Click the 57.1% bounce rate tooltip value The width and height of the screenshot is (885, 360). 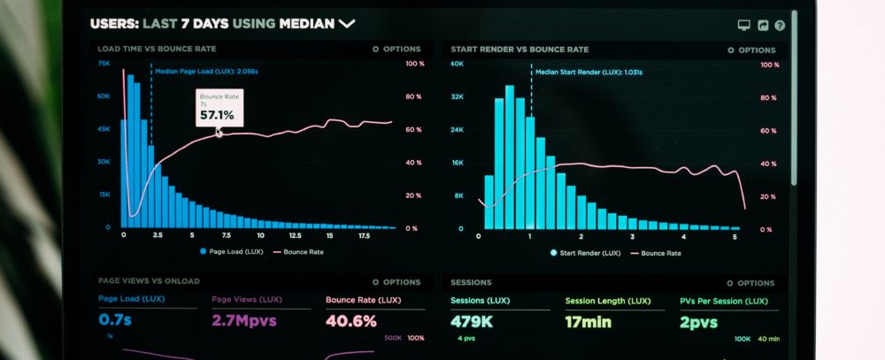coord(217,115)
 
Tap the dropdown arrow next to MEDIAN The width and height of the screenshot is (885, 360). coord(346,24)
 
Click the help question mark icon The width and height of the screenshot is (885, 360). coord(780,27)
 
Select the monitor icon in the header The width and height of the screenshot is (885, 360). coord(743,27)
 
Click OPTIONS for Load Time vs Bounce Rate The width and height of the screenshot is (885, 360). coord(396,50)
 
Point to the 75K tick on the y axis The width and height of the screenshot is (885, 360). coord(104,64)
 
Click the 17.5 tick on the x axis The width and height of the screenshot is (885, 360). coord(364,236)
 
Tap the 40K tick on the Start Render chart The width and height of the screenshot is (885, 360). coord(457,64)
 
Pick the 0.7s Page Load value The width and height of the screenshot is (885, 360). coord(115,319)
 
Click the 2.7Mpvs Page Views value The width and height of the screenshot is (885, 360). coord(243,320)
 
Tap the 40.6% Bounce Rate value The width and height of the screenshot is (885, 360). coord(351,320)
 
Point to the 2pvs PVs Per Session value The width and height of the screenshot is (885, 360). coord(698,321)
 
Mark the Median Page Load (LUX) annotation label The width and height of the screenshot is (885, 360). coord(207,71)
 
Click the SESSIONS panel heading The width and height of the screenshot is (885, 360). coord(471,283)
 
